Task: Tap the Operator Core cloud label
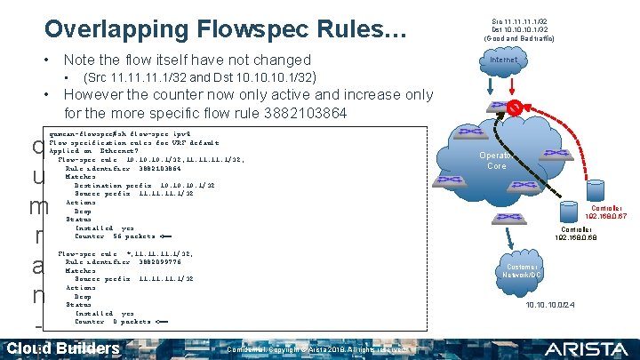coord(495,160)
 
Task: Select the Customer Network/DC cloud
coord(522,271)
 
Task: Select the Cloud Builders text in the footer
coord(62,348)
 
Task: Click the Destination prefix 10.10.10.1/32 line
coord(140,185)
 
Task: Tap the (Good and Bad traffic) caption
coord(520,39)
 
